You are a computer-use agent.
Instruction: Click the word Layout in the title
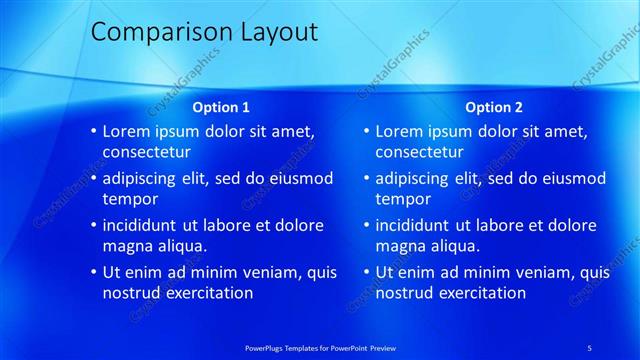coord(276,32)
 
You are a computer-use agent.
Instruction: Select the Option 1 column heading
coord(221,107)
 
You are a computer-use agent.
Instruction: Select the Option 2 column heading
coord(494,107)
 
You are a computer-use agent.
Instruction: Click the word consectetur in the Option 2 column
coord(420,152)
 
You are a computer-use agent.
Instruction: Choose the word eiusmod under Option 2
coord(572,178)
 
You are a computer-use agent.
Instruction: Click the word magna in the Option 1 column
coord(126,246)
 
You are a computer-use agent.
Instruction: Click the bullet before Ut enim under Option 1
coord(93,272)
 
